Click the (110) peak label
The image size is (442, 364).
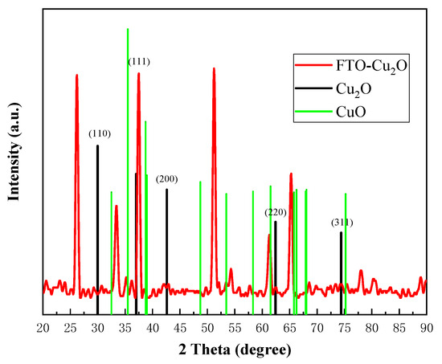click(99, 134)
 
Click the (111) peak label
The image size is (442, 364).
click(139, 62)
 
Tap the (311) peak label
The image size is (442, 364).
click(342, 222)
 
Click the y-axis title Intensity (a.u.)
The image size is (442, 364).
click(13, 170)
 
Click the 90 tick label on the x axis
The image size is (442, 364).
click(426, 328)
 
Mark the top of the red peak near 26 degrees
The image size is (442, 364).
click(76, 76)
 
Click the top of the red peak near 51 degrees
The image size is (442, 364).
click(214, 69)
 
